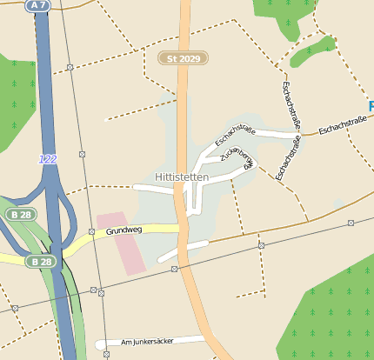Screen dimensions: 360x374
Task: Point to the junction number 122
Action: click(48, 159)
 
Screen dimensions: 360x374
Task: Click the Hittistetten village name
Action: click(181, 177)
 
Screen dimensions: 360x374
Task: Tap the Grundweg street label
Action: click(124, 231)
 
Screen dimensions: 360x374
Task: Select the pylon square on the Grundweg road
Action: click(91, 232)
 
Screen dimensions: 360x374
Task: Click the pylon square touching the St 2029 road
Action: click(174, 270)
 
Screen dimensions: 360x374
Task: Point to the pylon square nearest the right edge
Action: click(351, 223)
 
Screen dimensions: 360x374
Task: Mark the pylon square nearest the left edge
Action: click(15, 308)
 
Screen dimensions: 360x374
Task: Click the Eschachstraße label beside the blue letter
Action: click(341, 126)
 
